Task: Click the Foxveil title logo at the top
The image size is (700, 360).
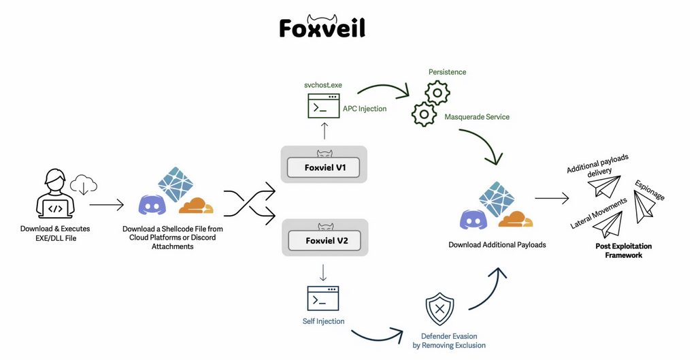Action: (x=322, y=27)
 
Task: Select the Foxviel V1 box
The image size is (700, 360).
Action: (x=323, y=167)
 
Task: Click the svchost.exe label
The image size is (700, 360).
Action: (x=322, y=85)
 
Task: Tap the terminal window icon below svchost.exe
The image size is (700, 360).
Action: (x=323, y=106)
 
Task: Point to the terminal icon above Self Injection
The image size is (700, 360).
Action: (x=323, y=299)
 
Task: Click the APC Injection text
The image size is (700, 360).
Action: (x=365, y=109)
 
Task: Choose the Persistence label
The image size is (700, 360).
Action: (x=447, y=71)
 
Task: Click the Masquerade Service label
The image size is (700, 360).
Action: (x=477, y=117)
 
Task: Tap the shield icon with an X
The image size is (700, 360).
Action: (x=439, y=310)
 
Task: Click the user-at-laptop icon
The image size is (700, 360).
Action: (x=54, y=195)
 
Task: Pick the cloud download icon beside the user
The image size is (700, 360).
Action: (x=84, y=184)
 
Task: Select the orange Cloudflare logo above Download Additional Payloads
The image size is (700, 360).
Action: (x=515, y=218)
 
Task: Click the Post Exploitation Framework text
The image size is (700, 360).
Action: (x=623, y=250)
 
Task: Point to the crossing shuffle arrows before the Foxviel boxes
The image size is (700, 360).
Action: (x=250, y=203)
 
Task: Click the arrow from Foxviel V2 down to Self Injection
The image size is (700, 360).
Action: (x=323, y=273)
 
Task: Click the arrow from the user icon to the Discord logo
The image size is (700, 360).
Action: (x=106, y=204)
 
